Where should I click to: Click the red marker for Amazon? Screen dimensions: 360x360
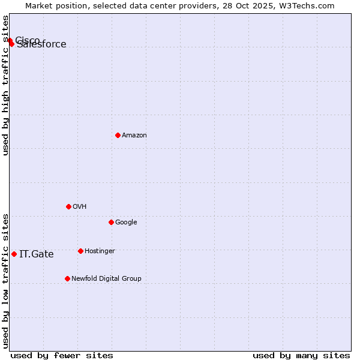(x=118, y=135)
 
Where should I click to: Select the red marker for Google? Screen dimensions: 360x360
(x=111, y=222)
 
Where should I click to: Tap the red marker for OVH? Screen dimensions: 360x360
(x=68, y=206)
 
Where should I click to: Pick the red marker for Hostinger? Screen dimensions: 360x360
(x=80, y=251)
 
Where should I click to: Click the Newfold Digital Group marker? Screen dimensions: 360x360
(x=67, y=278)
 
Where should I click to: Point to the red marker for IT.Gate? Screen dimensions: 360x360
(x=14, y=254)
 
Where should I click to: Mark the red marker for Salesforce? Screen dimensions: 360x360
(x=11, y=44)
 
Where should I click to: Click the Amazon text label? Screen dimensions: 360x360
(x=134, y=136)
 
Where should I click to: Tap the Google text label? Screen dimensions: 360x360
(x=126, y=223)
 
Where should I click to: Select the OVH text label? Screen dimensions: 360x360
(x=80, y=207)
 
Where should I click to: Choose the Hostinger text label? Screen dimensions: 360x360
(x=100, y=251)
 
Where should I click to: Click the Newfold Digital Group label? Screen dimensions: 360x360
(x=106, y=279)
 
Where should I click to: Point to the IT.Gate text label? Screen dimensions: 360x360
(x=37, y=254)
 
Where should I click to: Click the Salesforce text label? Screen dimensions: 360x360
(x=42, y=45)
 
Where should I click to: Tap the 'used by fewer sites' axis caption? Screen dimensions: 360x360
(x=62, y=356)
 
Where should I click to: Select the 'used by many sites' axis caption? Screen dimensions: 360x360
(x=301, y=356)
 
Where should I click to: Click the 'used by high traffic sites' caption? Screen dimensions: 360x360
(x=6, y=85)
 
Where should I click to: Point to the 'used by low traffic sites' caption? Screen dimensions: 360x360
(x=6, y=281)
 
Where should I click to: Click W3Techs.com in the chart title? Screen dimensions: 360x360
(x=313, y=5)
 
